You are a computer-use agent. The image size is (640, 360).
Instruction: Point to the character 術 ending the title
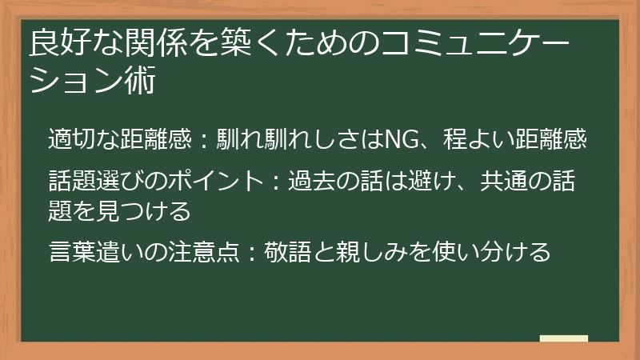click(138, 82)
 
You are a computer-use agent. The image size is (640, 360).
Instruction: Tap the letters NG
click(398, 140)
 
